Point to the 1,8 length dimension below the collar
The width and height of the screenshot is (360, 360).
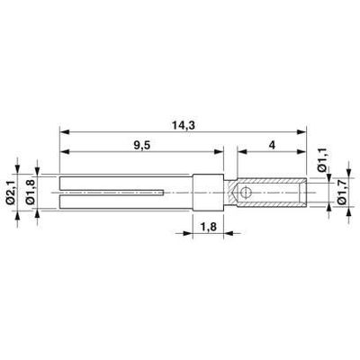click(206, 229)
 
